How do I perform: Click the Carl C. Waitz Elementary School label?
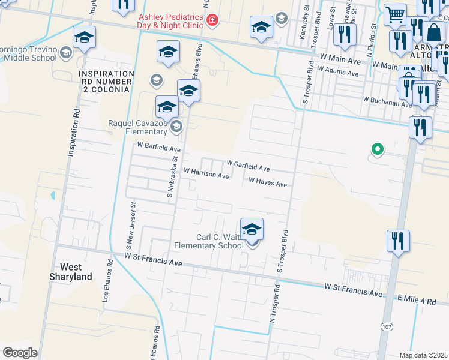click(x=209, y=241)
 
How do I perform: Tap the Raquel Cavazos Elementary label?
click(x=137, y=127)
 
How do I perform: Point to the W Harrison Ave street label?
click(x=206, y=175)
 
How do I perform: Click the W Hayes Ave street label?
click(x=268, y=182)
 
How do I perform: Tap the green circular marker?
click(x=377, y=149)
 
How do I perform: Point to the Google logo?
click(x=20, y=353)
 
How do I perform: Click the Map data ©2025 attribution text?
click(x=423, y=355)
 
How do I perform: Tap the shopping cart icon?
click(x=394, y=13)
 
